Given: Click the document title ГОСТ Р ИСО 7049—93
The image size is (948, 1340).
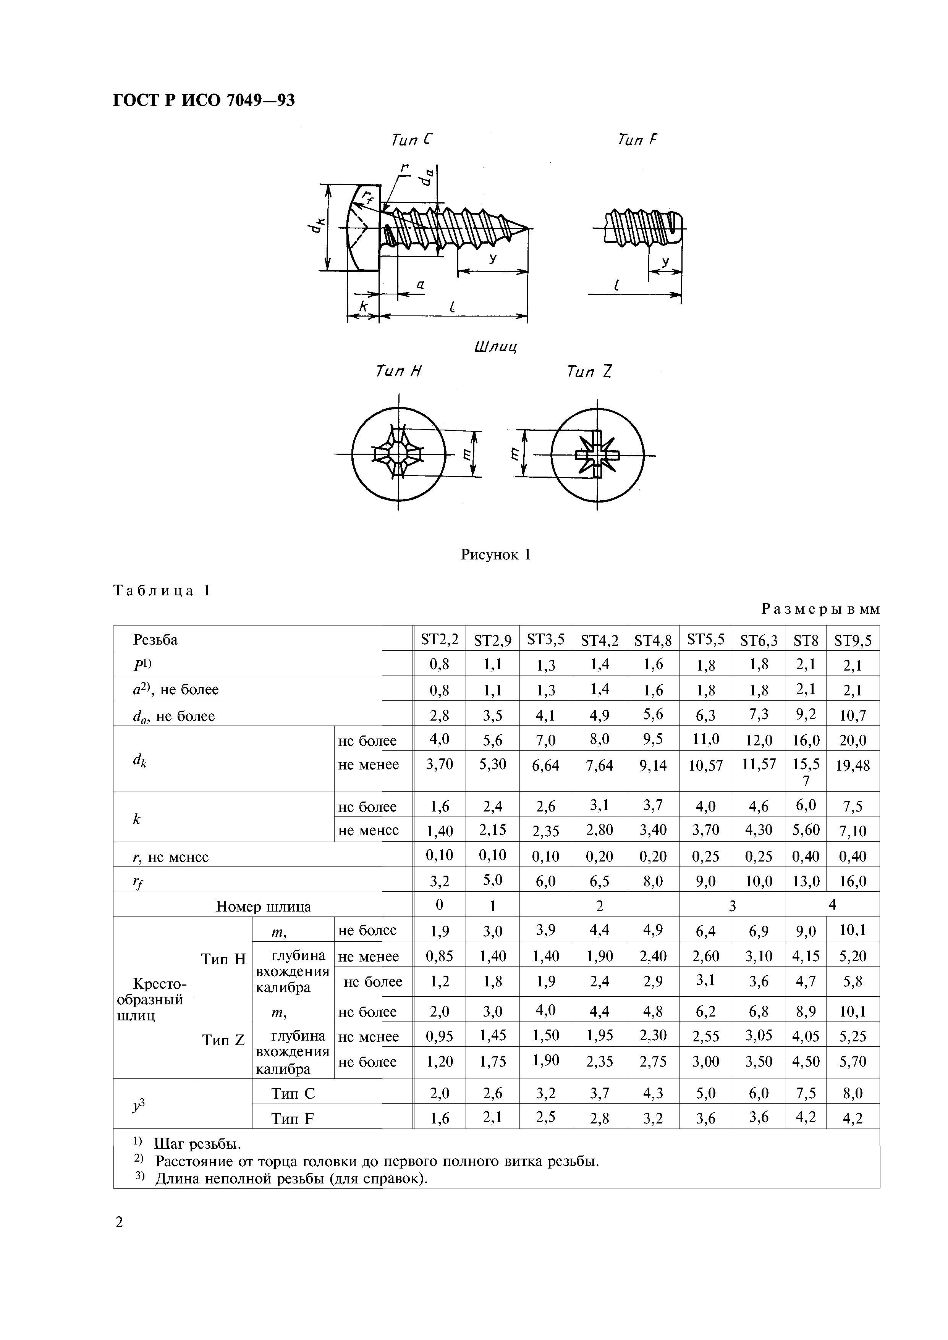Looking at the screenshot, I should (204, 101).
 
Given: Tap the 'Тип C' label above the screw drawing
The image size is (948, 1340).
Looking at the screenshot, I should (412, 140).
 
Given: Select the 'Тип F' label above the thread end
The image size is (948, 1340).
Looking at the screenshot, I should (637, 140).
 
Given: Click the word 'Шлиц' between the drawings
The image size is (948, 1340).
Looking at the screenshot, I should (496, 347).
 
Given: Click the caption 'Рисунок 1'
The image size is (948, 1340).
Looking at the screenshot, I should (496, 554).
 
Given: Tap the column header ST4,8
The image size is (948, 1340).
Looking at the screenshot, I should (653, 640).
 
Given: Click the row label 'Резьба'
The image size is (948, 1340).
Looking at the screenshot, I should (155, 640).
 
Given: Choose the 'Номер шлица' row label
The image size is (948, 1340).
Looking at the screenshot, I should (263, 906).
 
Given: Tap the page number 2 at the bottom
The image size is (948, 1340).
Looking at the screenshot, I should (119, 1222).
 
